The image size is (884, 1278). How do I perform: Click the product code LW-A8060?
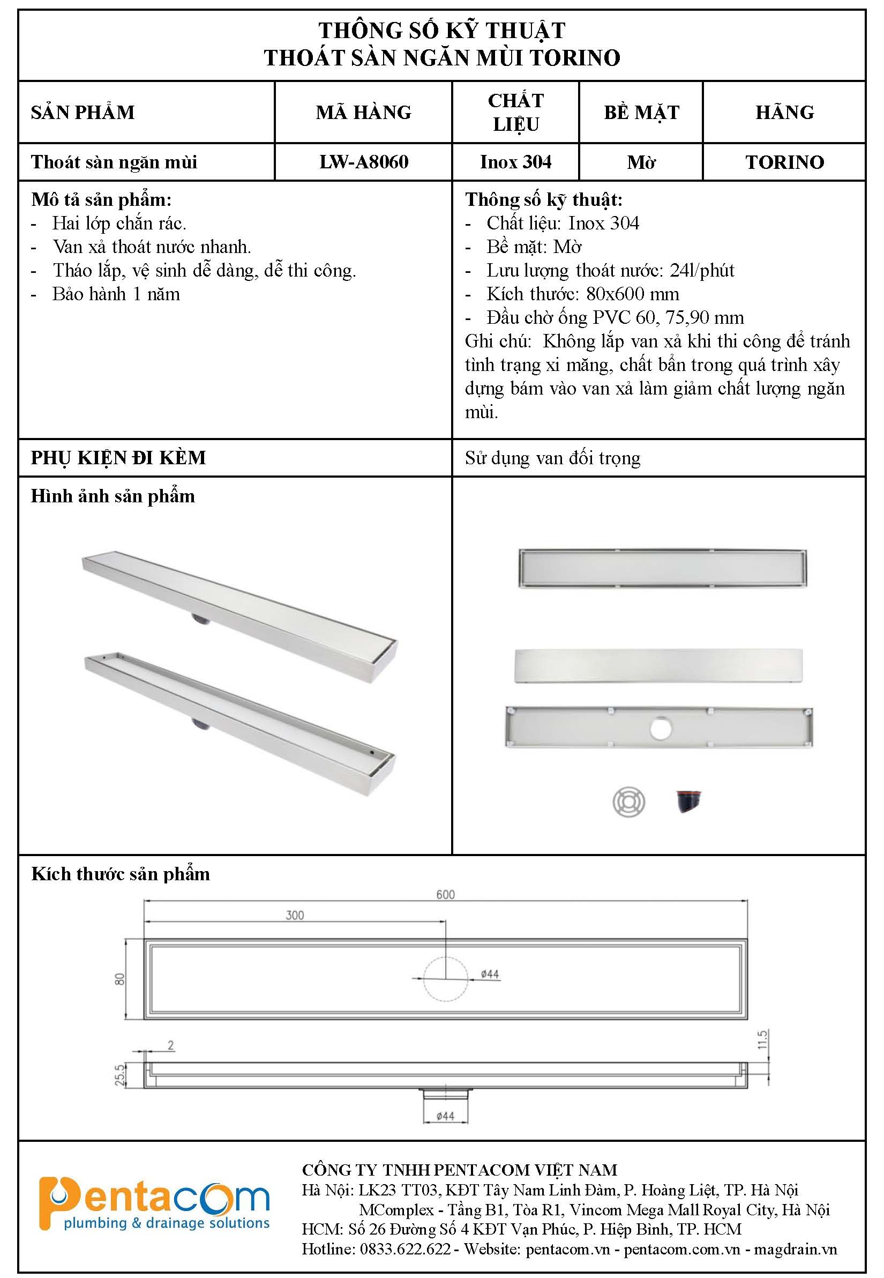tap(363, 162)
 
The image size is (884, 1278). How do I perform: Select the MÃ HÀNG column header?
tap(363, 113)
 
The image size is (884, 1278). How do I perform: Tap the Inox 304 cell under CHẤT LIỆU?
tap(515, 162)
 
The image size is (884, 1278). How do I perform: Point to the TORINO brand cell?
tap(784, 162)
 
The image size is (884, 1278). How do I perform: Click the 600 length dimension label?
tap(445, 895)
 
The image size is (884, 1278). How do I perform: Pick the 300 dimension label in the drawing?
tap(295, 915)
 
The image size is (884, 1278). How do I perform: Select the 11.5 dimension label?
tap(763, 1039)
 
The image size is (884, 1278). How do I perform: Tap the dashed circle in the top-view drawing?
tap(445, 979)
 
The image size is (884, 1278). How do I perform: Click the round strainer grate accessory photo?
tap(628, 803)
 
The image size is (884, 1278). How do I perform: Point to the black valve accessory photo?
tap(688, 801)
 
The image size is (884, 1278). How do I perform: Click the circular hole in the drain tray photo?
tap(660, 728)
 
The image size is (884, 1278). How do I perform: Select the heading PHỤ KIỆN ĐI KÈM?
tap(118, 458)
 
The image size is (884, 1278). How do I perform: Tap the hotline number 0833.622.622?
tap(405, 1249)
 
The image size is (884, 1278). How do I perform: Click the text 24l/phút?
tap(702, 271)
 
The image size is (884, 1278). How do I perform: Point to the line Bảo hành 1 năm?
tap(116, 294)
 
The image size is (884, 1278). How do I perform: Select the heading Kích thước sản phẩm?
tap(121, 874)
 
